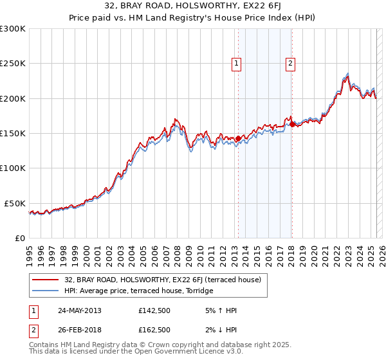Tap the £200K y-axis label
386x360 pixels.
tap(12, 98)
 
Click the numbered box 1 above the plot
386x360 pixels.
tap(237, 63)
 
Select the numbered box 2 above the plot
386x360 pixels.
tap(291, 63)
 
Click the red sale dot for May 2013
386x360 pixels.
tap(238, 138)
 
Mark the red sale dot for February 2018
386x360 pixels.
tap(292, 125)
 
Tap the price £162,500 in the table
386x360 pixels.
tap(154, 330)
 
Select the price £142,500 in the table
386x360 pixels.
tap(154, 310)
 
